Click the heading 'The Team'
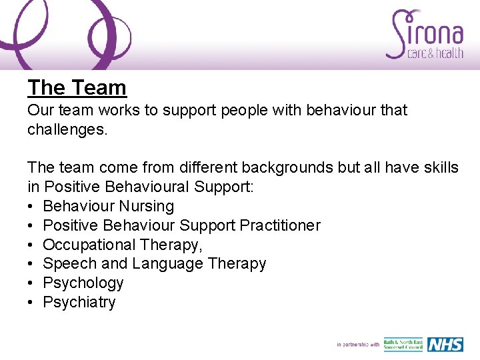(x=77, y=87)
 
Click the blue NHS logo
(x=445, y=344)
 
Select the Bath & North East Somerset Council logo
(x=403, y=344)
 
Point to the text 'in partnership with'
(x=358, y=345)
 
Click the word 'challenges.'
(x=67, y=129)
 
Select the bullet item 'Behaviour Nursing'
(x=108, y=206)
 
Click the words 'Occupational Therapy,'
(x=123, y=245)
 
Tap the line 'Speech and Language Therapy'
(x=154, y=264)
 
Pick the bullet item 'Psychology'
(x=83, y=283)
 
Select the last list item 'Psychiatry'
(x=79, y=302)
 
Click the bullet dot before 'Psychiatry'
(x=31, y=303)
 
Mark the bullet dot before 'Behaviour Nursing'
(x=31, y=207)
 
